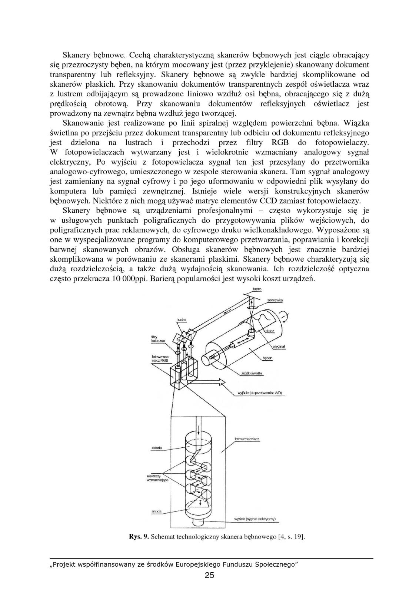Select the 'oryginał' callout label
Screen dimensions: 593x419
tap(278, 346)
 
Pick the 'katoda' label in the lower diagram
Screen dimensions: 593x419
tap(157, 448)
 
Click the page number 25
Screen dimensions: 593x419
tap(209, 575)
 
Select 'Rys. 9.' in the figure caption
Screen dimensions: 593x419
tap(139, 536)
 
